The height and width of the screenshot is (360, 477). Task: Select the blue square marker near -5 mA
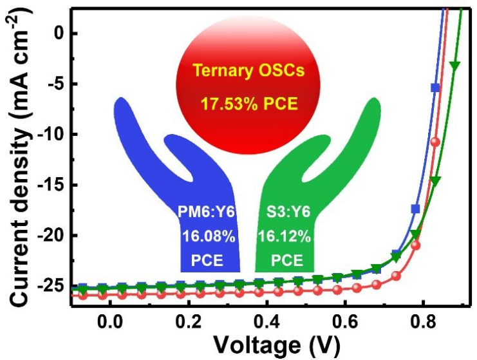(x=435, y=88)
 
